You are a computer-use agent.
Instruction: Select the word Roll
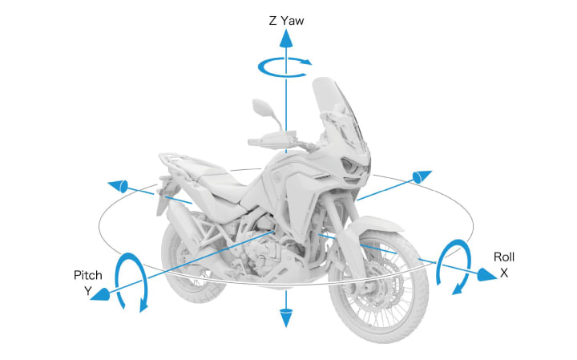(x=503, y=257)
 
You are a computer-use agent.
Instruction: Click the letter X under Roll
(x=504, y=273)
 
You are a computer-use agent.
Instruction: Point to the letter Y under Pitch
(x=88, y=291)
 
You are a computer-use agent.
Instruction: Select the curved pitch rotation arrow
(x=130, y=282)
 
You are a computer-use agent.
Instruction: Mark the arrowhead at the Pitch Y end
(x=102, y=295)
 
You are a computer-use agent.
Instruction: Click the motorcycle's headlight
(x=353, y=166)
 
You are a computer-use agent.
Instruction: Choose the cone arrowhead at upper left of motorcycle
(x=119, y=186)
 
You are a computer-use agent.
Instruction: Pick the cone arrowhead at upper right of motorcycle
(x=422, y=176)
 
